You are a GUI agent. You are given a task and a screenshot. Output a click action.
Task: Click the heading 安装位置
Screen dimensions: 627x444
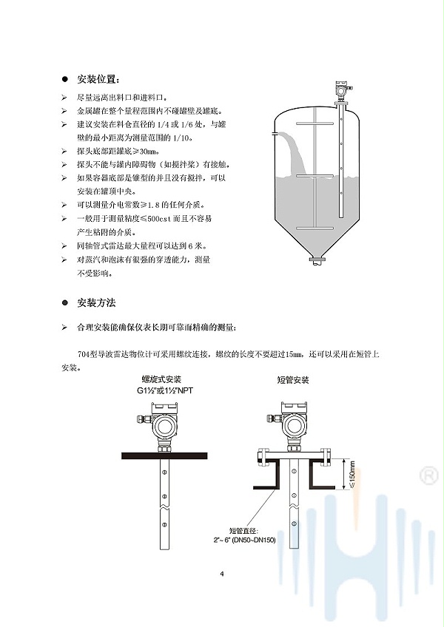[98, 79]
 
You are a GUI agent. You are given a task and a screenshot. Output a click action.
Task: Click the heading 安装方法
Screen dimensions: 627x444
[96, 303]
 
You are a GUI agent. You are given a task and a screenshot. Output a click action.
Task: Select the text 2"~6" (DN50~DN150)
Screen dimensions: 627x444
[244, 540]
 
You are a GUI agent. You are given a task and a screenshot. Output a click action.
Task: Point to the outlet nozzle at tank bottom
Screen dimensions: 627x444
[317, 260]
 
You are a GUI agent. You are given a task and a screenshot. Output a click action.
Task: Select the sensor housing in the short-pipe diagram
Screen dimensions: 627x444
[292, 423]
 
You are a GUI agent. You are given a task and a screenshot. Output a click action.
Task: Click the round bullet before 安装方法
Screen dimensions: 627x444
[64, 303]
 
